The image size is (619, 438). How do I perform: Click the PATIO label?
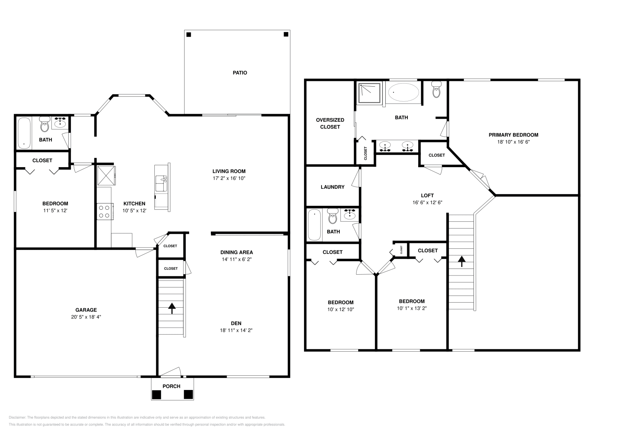pyautogui.click(x=239, y=73)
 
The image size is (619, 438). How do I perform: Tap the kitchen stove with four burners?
pyautogui.click(x=105, y=211)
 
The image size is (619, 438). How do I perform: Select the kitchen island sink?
pyautogui.click(x=161, y=183)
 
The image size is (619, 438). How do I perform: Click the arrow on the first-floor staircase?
pyautogui.click(x=172, y=308)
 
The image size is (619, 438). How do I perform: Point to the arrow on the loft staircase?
pyautogui.click(x=462, y=261)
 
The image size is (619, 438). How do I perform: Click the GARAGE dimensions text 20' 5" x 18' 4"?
pyautogui.click(x=86, y=317)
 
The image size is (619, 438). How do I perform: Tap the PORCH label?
pyautogui.click(x=171, y=386)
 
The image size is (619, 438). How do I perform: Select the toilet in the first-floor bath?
pyautogui.click(x=44, y=124)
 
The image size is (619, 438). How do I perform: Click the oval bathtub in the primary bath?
pyautogui.click(x=404, y=92)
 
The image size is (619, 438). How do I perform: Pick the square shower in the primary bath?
pyautogui.click(x=369, y=93)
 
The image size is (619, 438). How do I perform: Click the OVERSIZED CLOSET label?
pyautogui.click(x=330, y=123)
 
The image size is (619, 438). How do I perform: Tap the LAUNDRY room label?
pyautogui.click(x=332, y=187)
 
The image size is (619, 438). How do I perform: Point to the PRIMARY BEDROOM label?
pyautogui.click(x=513, y=135)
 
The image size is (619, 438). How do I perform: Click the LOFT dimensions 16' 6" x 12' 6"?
pyautogui.click(x=427, y=203)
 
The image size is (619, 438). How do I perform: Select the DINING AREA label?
pyautogui.click(x=236, y=252)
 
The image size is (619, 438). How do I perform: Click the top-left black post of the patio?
pyautogui.click(x=189, y=34)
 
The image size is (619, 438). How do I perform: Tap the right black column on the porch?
pyautogui.click(x=188, y=394)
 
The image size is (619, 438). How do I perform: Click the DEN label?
pyautogui.click(x=236, y=323)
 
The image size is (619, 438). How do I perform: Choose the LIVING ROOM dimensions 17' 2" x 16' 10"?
pyautogui.click(x=229, y=178)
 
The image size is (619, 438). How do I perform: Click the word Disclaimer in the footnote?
pyautogui.click(x=17, y=417)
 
